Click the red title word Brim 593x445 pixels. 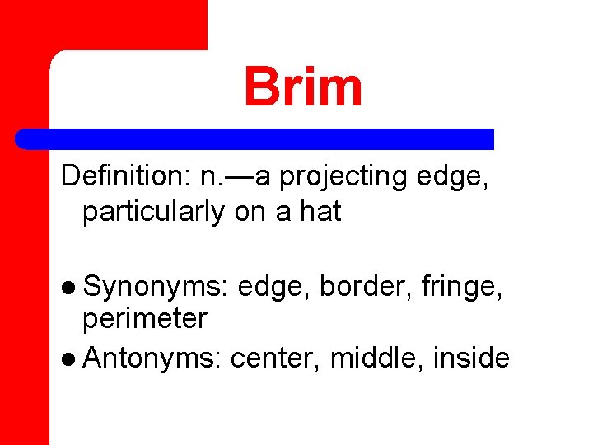coord(302,87)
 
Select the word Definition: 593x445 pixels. coord(124,176)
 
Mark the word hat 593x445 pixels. coord(320,212)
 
